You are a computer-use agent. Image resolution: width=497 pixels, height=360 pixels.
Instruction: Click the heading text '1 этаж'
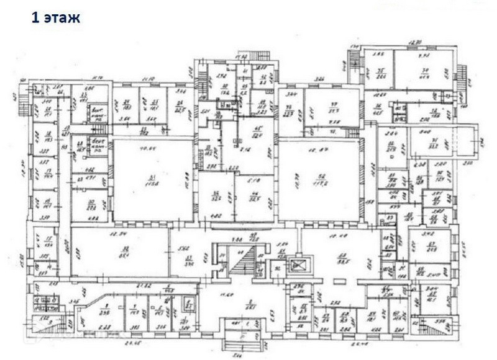tap(55, 18)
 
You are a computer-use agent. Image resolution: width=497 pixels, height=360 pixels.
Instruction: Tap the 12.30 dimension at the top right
tap(415, 43)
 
